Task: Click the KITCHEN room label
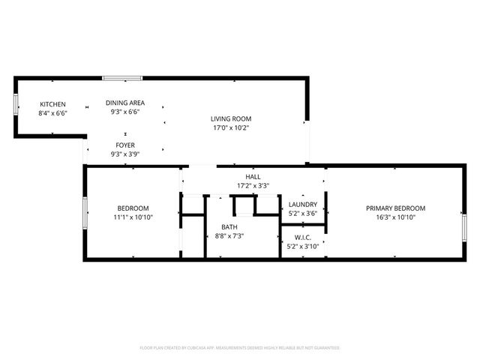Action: (x=52, y=104)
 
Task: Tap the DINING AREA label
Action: (x=126, y=103)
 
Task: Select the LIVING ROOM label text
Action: (x=230, y=118)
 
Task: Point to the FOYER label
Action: (x=125, y=145)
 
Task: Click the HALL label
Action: (x=243, y=176)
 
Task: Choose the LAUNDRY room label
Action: (x=303, y=204)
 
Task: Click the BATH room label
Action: (x=229, y=226)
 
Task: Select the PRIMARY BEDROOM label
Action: (x=395, y=208)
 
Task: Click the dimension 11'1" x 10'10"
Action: (x=133, y=217)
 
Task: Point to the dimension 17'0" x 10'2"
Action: (x=230, y=127)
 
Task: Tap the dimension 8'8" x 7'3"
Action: (x=229, y=235)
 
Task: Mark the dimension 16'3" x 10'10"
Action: (x=395, y=217)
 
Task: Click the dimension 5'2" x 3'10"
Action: (x=303, y=246)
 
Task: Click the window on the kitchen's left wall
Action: (x=16, y=104)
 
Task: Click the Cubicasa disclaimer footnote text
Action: (x=240, y=348)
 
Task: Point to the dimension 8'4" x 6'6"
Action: (x=52, y=113)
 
